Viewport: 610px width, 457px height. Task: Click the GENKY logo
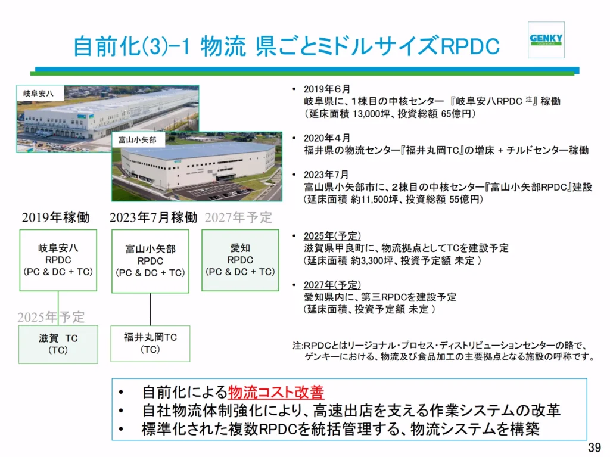[546, 39]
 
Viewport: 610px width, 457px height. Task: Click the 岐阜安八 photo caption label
[39, 94]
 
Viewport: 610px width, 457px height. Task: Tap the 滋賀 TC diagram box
[58, 344]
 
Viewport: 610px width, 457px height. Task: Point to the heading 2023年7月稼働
[153, 217]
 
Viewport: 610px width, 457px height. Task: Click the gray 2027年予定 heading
[238, 217]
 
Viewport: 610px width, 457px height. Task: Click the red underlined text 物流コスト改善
[276, 392]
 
